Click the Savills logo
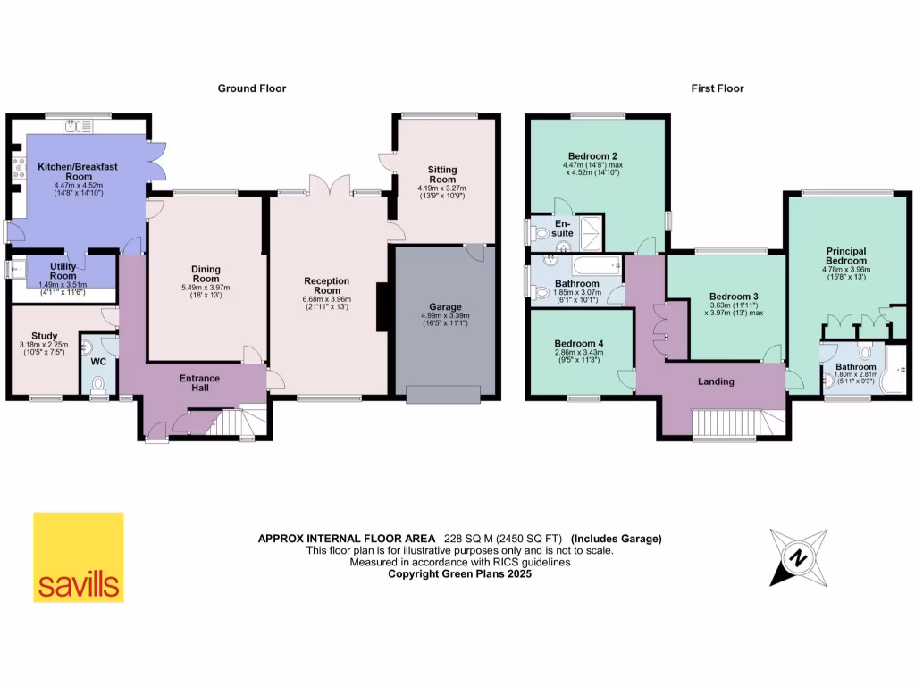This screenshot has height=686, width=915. pyautogui.click(x=79, y=557)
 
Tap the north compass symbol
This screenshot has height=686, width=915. pyautogui.click(x=798, y=558)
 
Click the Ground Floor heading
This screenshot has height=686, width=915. pyautogui.click(x=252, y=88)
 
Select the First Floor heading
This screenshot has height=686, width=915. pyautogui.click(x=717, y=88)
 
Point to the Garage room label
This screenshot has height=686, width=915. pyautogui.click(x=443, y=306)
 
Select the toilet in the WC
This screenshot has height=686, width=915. pyautogui.click(x=98, y=384)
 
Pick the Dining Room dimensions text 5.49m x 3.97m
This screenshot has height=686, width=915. pyautogui.click(x=206, y=288)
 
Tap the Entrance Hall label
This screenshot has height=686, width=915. pyautogui.click(x=199, y=384)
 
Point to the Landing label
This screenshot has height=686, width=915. pyautogui.click(x=716, y=381)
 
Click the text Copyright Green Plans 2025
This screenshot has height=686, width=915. pyautogui.click(x=459, y=574)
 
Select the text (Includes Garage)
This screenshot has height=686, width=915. pyautogui.click(x=617, y=539)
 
